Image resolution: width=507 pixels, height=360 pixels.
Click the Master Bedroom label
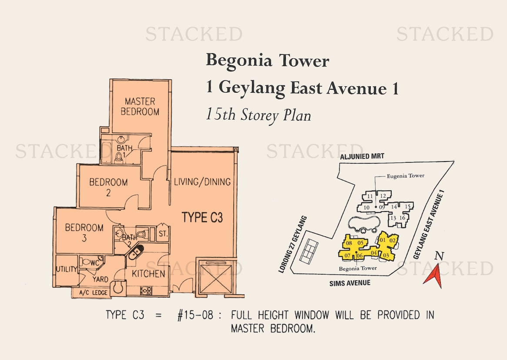click(140, 106)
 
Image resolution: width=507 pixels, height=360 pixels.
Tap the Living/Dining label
click(202, 182)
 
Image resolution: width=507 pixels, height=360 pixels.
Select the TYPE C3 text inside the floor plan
click(202, 217)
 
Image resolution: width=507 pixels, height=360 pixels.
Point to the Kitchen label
click(148, 274)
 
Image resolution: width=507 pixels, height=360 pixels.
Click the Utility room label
click(67, 269)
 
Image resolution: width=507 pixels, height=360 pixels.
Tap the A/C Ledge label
click(94, 293)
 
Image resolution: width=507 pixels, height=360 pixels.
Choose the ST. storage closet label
click(163, 233)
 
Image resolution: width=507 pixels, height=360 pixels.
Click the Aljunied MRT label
click(362, 157)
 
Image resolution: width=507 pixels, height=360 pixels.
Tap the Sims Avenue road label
click(350, 283)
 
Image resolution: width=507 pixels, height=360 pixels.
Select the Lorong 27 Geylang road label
click(292, 245)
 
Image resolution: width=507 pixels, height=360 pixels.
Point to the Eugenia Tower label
click(406, 176)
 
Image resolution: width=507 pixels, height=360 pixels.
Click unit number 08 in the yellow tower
click(349, 243)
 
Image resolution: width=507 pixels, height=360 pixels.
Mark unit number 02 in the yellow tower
click(392, 240)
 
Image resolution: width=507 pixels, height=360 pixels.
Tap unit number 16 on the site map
click(402, 218)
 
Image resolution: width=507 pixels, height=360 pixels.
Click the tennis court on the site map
click(309, 251)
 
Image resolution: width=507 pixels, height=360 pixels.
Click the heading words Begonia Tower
click(267, 61)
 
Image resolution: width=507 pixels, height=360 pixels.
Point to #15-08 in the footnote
click(195, 315)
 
